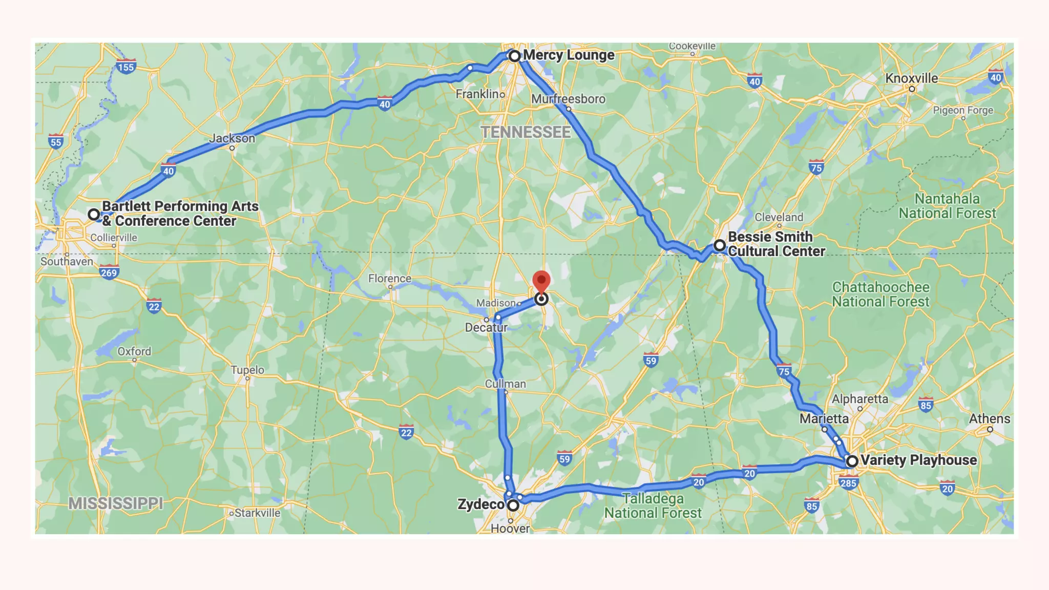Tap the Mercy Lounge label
point(569,55)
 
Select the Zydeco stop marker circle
point(513,505)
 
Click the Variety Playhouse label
point(918,460)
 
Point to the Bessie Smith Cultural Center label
point(776,244)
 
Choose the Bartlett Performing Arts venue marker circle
point(94,214)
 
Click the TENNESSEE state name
point(526,132)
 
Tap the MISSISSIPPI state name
point(116,503)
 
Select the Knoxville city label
point(912,78)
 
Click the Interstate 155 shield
point(126,67)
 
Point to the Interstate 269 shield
point(109,272)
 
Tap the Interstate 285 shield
point(848,482)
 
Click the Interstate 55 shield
point(56,142)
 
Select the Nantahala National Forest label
point(948,206)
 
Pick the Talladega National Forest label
point(653,505)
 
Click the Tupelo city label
point(247,370)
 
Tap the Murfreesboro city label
point(568,99)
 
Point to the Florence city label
point(390,278)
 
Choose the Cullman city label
point(506,384)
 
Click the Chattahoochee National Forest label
point(880,294)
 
